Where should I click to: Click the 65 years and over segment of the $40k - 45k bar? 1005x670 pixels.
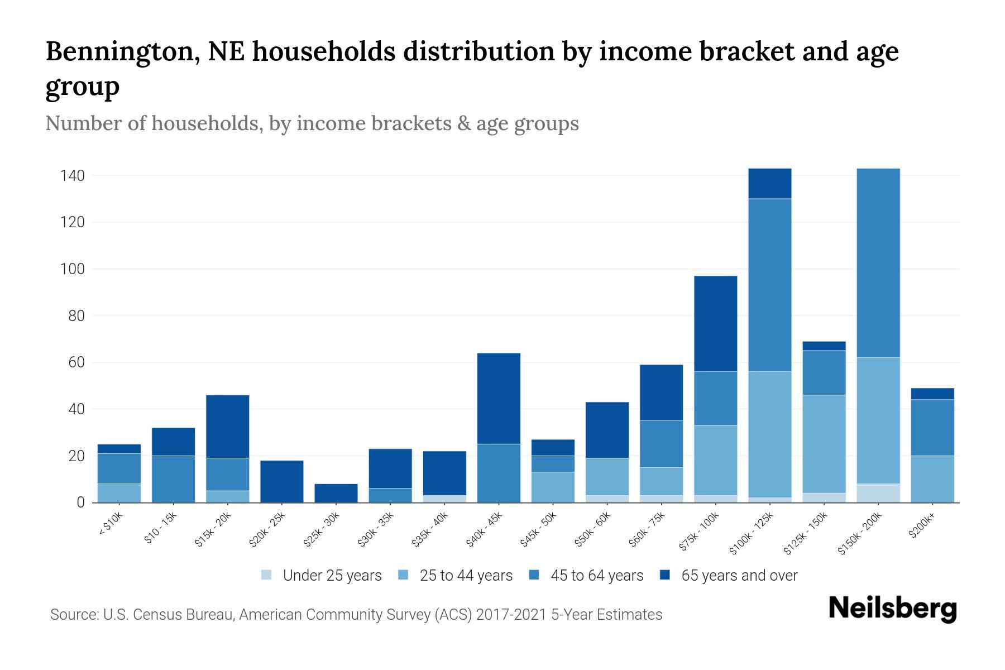(x=499, y=398)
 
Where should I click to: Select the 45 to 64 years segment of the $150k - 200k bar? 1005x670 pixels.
(x=878, y=262)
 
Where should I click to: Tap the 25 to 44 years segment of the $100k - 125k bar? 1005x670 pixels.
(x=770, y=434)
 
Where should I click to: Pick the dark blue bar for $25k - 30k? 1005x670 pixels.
(x=336, y=493)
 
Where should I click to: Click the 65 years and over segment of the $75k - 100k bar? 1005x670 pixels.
(x=716, y=323)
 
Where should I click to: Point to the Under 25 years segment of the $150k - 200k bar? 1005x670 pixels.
(x=878, y=493)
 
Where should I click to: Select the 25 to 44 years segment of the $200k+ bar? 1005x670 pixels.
(x=932, y=479)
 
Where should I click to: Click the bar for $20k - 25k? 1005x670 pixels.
(x=282, y=481)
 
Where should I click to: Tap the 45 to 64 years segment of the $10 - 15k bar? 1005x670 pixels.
(x=174, y=479)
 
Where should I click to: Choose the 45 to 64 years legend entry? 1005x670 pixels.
(x=586, y=576)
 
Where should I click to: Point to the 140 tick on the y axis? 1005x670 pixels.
(x=73, y=176)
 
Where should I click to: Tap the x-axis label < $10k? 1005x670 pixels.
(x=111, y=524)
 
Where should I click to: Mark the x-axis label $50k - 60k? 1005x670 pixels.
(x=593, y=530)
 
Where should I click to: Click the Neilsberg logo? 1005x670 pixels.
(x=892, y=609)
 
